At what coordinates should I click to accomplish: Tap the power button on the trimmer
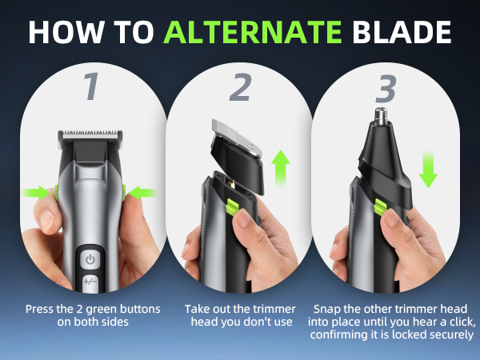coord(90,259)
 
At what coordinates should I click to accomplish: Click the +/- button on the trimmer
coord(90,283)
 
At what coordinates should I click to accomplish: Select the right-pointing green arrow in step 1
coord(37,192)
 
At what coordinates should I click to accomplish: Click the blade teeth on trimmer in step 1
coord(90,130)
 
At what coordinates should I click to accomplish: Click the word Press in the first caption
coord(41,309)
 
